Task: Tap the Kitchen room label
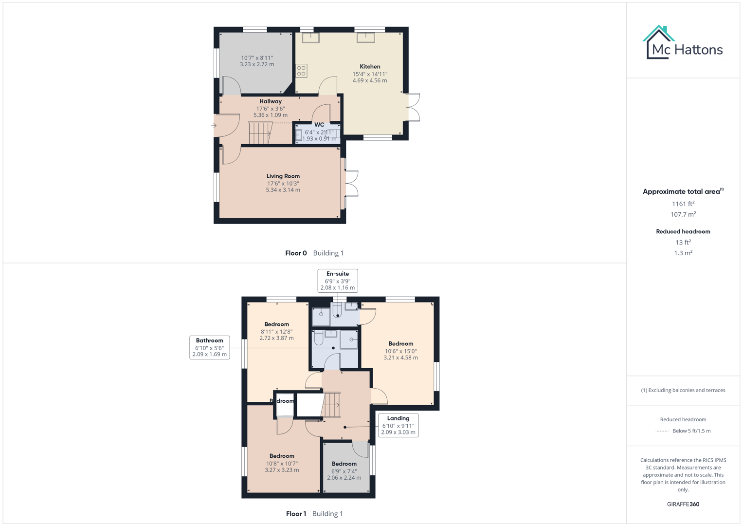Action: pyautogui.click(x=370, y=67)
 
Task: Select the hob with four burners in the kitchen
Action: pyautogui.click(x=302, y=71)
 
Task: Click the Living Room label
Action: pyautogui.click(x=283, y=176)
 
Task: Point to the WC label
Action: pyautogui.click(x=319, y=125)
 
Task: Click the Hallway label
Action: pyautogui.click(x=271, y=101)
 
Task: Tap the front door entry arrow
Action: pyautogui.click(x=214, y=126)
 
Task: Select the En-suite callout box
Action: pyautogui.click(x=338, y=281)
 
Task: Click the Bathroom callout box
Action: pyautogui.click(x=209, y=347)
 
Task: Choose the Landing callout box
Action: pyautogui.click(x=398, y=425)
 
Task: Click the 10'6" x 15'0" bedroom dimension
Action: pyautogui.click(x=400, y=351)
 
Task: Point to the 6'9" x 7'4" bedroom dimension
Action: pyautogui.click(x=344, y=471)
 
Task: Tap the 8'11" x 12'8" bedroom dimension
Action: pyautogui.click(x=276, y=332)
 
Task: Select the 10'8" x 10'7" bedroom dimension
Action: pyautogui.click(x=282, y=464)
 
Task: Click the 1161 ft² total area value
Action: pyautogui.click(x=683, y=204)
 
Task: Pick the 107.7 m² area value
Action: pyautogui.click(x=683, y=215)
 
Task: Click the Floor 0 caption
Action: pyautogui.click(x=296, y=253)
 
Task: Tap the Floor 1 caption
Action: pyautogui.click(x=296, y=514)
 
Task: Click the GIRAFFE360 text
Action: pyautogui.click(x=683, y=504)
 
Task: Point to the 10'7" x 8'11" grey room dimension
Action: pyautogui.click(x=257, y=58)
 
